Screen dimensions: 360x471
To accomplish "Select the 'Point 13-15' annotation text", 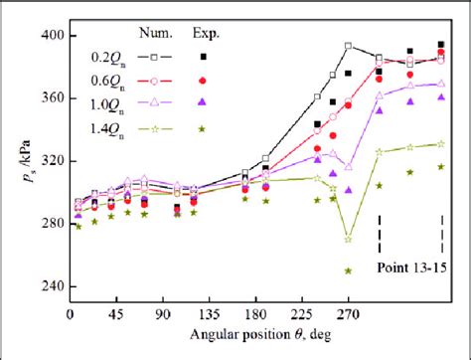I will [411, 268].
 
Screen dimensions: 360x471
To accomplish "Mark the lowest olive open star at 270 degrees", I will [348, 239].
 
